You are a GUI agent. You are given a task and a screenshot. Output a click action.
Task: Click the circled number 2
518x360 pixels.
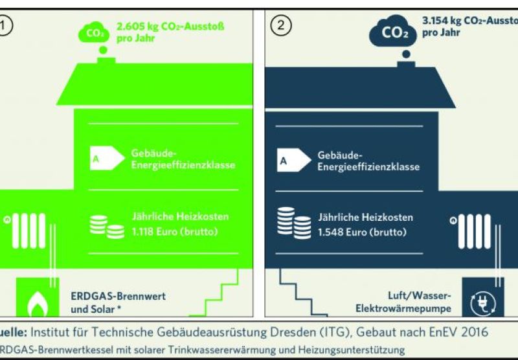click(283, 25)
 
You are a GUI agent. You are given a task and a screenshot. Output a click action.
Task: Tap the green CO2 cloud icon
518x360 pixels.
click(94, 32)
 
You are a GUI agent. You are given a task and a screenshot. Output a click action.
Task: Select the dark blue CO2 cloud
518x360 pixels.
click(394, 31)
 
